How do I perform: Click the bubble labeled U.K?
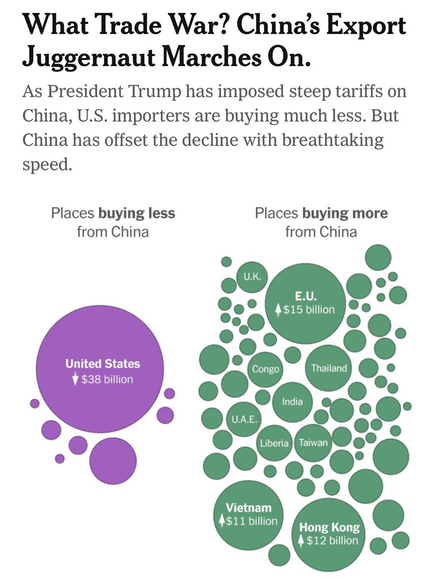252,277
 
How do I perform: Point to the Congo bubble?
265,369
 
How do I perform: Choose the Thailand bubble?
329,368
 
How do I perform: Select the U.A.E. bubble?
242,419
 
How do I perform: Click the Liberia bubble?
274,443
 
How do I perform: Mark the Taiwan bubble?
313,442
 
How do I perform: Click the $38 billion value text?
107,379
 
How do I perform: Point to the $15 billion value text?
309,310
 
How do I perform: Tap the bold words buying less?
137,213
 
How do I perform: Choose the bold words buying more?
345,213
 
